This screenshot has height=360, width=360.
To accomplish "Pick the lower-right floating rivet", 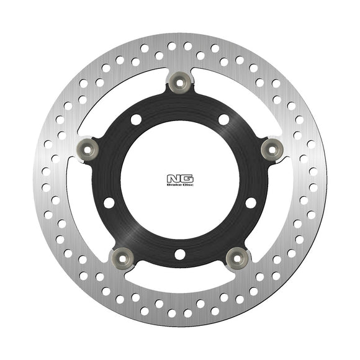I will click(238, 256).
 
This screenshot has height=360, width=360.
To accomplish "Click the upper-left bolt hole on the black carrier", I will click(135, 119).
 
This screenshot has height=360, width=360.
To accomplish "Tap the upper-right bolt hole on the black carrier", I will click(223, 119).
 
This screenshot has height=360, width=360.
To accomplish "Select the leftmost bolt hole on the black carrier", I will click(109, 202).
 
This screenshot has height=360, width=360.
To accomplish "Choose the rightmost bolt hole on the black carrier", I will click(250, 202).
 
